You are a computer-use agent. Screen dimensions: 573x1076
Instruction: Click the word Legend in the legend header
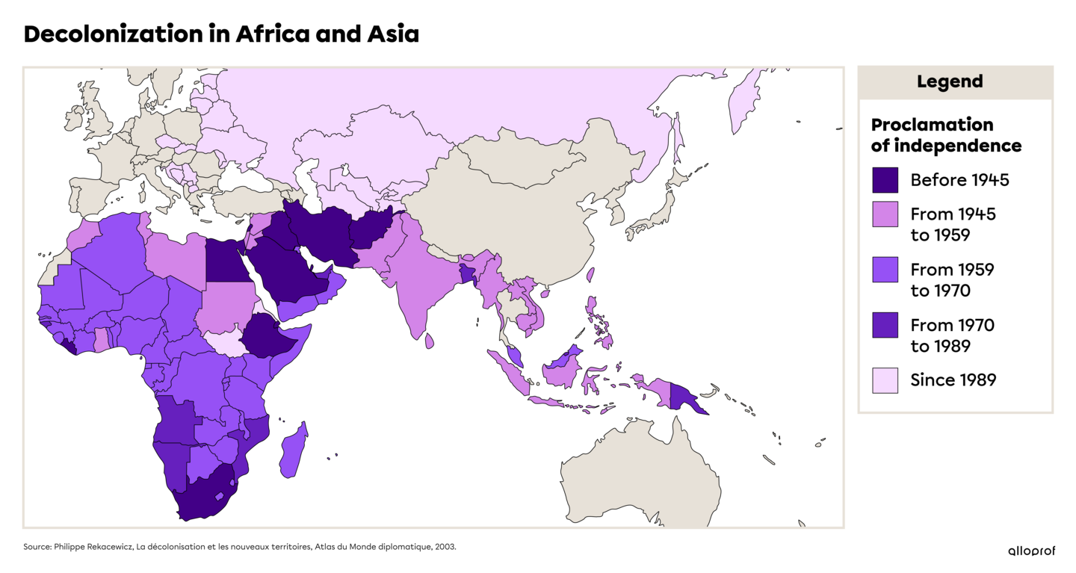[950, 82]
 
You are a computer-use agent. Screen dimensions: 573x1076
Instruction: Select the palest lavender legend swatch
[885, 380]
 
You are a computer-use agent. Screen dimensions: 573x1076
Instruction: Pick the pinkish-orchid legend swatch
[885, 214]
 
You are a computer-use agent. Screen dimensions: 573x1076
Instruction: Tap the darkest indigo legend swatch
[885, 180]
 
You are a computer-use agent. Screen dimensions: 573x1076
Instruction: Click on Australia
[643, 471]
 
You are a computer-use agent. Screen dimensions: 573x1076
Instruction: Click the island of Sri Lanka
[430, 341]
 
